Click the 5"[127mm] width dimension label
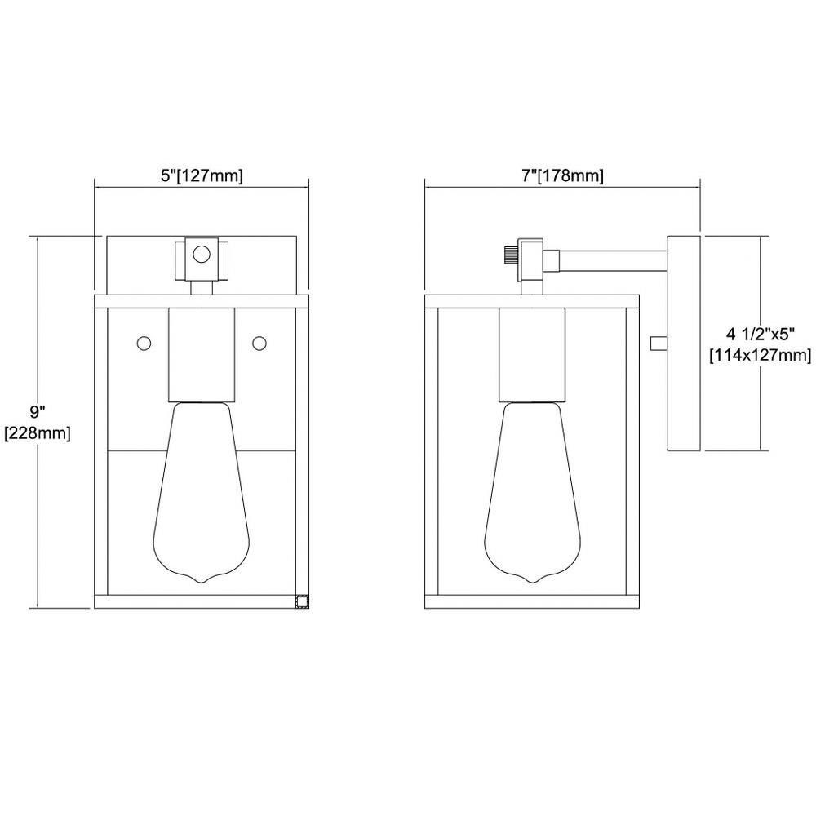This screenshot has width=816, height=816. pyautogui.click(x=202, y=176)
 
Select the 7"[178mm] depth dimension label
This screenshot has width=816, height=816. pyautogui.click(x=562, y=176)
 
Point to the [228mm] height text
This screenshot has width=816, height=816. pyautogui.click(x=38, y=433)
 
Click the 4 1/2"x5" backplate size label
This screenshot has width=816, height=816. pyautogui.click(x=761, y=334)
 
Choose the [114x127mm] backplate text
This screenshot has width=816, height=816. pyautogui.click(x=761, y=356)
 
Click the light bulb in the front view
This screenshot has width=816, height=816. pyautogui.click(x=202, y=492)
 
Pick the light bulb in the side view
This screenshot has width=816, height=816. pyautogui.click(x=532, y=492)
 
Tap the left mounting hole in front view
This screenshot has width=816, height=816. pyautogui.click(x=144, y=344)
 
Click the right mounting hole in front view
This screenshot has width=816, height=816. pyautogui.click(x=259, y=344)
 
